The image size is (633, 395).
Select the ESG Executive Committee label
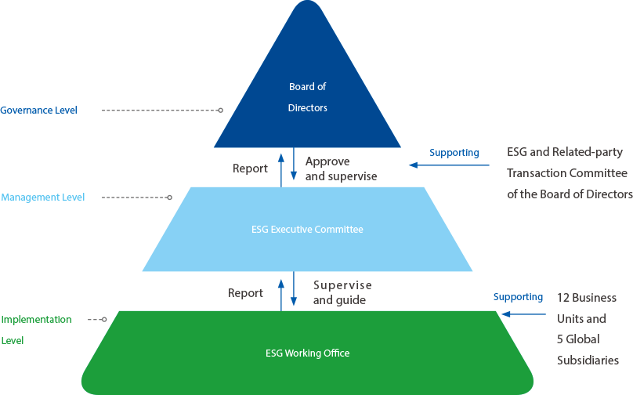(307, 230)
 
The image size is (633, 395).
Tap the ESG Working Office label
(307, 353)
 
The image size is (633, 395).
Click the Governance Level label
(39, 111)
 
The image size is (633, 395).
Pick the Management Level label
(43, 197)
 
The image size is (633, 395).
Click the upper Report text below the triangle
(251, 169)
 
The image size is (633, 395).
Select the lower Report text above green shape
(246, 293)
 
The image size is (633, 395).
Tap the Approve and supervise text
(341, 169)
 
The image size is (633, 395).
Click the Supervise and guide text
(342, 292)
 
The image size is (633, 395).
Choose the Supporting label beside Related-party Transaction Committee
(454, 153)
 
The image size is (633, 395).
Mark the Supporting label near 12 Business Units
(518, 297)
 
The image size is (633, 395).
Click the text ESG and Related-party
(563, 152)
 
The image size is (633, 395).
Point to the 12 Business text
(587, 298)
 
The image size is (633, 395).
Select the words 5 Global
(578, 339)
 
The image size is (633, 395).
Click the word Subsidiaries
(588, 361)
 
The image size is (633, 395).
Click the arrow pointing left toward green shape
(523, 314)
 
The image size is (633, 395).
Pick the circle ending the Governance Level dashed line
(221, 111)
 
